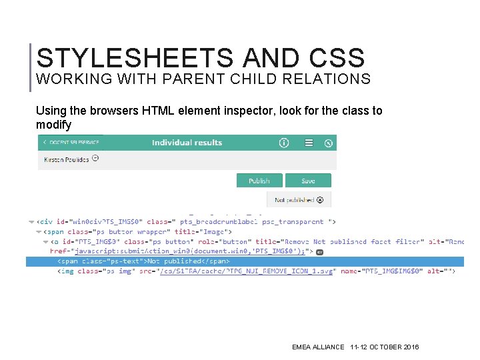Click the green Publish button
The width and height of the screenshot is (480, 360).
pyautogui.click(x=259, y=181)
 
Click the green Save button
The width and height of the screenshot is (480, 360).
pyautogui.click(x=308, y=181)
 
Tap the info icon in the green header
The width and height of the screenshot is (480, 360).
pyautogui.click(x=284, y=143)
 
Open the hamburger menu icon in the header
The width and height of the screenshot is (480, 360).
pyautogui.click(x=309, y=143)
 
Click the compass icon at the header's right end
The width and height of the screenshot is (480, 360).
pyautogui.click(x=328, y=143)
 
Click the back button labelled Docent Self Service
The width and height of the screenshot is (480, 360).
pyautogui.click(x=70, y=143)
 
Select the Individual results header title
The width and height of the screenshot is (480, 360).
pyautogui.click(x=187, y=143)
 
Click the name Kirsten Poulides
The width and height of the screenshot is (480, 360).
pyautogui.click(x=67, y=159)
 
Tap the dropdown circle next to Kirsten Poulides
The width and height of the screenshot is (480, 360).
pyautogui.click(x=95, y=159)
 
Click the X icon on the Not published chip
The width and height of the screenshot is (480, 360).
pyautogui.click(x=320, y=199)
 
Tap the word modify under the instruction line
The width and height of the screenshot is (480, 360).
pyautogui.click(x=53, y=125)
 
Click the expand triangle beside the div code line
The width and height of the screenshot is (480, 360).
pyautogui.click(x=31, y=222)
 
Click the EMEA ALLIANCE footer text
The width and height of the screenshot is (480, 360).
pyautogui.click(x=318, y=347)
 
